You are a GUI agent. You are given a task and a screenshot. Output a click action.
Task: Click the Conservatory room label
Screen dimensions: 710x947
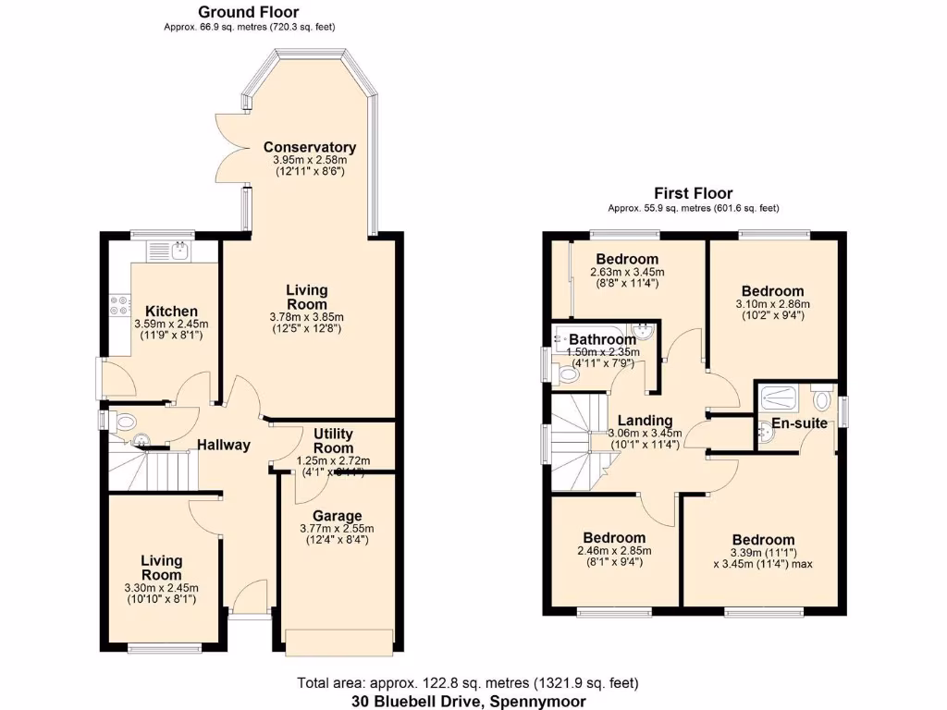pos(309,147)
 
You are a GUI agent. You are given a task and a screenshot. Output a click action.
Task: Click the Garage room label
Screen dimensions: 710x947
pos(337,516)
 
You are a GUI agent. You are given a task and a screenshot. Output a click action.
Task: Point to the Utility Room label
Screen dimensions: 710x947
pos(333,441)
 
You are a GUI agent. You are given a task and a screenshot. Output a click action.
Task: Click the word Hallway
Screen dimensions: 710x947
pos(223,445)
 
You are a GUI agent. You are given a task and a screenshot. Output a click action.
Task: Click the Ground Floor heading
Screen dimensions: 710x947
pos(248,12)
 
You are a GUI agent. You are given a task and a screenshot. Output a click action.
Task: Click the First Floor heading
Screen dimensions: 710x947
pos(693,193)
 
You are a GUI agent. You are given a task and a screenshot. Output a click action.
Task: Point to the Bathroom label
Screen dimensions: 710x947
pos(602,339)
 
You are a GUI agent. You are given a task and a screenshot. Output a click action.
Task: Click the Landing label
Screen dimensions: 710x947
pos(645,420)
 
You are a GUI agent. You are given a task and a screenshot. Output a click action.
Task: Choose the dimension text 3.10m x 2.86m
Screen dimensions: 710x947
pos(771,304)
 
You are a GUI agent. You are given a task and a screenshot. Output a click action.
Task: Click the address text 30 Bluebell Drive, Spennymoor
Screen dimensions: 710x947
pos(468,701)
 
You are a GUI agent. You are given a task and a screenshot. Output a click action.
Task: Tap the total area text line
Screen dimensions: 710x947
pos(468,684)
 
